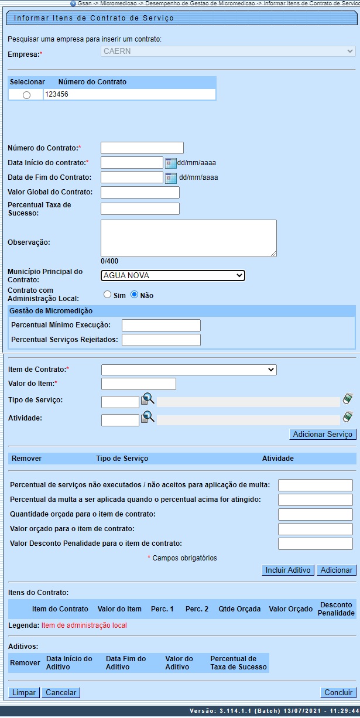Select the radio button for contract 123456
coord(26,95)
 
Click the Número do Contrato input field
coord(142,148)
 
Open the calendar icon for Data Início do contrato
coord(170,163)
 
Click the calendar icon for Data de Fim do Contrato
coord(170,178)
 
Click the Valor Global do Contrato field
coord(140,192)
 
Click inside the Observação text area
coord(188,238)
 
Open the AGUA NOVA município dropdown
coord(173,276)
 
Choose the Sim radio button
coord(107,295)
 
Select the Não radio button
coord(134,295)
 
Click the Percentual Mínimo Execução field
coord(161,325)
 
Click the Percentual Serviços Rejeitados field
coord(161,340)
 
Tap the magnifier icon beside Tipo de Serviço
coord(148,400)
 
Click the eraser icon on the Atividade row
coord(348,418)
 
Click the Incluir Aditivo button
coord(288,570)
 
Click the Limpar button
coord(24,692)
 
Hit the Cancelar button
coord(61,692)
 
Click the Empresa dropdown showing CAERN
coord(228,52)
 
